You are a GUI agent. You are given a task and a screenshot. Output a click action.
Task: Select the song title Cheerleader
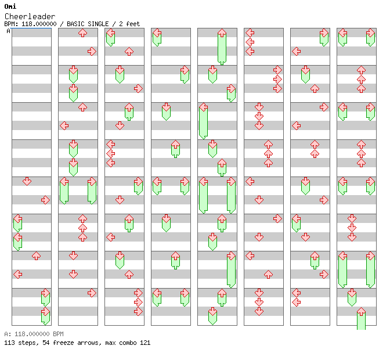[30, 16]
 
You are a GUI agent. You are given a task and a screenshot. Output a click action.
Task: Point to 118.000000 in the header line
[39, 24]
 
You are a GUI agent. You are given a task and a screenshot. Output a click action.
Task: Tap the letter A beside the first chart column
[9, 31]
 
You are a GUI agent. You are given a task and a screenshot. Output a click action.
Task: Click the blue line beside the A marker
[31, 28]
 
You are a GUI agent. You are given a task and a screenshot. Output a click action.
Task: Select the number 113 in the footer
[9, 343]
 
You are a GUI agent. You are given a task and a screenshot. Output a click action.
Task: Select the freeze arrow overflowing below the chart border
[361, 320]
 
